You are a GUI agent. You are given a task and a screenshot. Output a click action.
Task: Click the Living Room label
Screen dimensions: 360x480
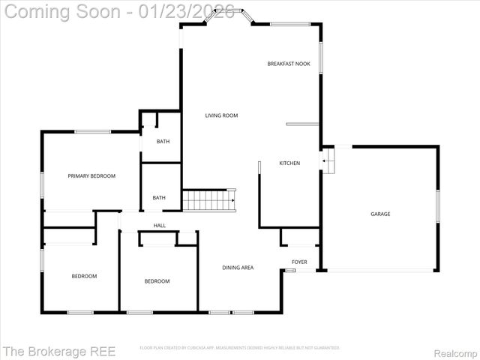pos(221,115)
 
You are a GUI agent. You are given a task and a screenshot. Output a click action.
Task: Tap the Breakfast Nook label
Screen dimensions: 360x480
pos(289,64)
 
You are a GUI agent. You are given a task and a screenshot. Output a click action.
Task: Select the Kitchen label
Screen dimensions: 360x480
pos(289,163)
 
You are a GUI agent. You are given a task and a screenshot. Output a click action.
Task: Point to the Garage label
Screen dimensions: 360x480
pos(380,214)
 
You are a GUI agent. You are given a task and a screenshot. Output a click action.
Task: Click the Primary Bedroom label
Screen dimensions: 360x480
pos(91,175)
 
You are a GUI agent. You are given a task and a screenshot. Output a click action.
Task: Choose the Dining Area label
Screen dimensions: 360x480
pos(237,267)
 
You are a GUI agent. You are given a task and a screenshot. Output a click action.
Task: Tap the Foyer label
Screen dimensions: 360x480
pos(299,262)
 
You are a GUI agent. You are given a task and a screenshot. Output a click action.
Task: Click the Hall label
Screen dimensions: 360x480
pos(160,225)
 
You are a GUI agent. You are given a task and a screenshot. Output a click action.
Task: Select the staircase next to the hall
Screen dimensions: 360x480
pos(209,200)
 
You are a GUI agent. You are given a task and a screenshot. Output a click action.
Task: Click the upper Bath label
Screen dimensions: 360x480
pos(163,141)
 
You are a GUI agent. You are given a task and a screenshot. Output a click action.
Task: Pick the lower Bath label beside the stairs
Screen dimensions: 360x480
pos(159,197)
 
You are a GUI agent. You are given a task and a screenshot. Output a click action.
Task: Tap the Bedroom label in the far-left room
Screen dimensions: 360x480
pos(84,276)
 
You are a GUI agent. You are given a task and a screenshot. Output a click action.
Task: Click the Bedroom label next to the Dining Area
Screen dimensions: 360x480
pos(157,281)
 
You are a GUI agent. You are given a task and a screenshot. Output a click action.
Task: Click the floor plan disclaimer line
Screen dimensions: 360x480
pos(240,348)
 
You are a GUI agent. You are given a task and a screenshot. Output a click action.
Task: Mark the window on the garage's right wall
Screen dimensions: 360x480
pos(438,206)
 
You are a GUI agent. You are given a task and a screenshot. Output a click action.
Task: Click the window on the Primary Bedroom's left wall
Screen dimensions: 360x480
pos(42,184)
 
